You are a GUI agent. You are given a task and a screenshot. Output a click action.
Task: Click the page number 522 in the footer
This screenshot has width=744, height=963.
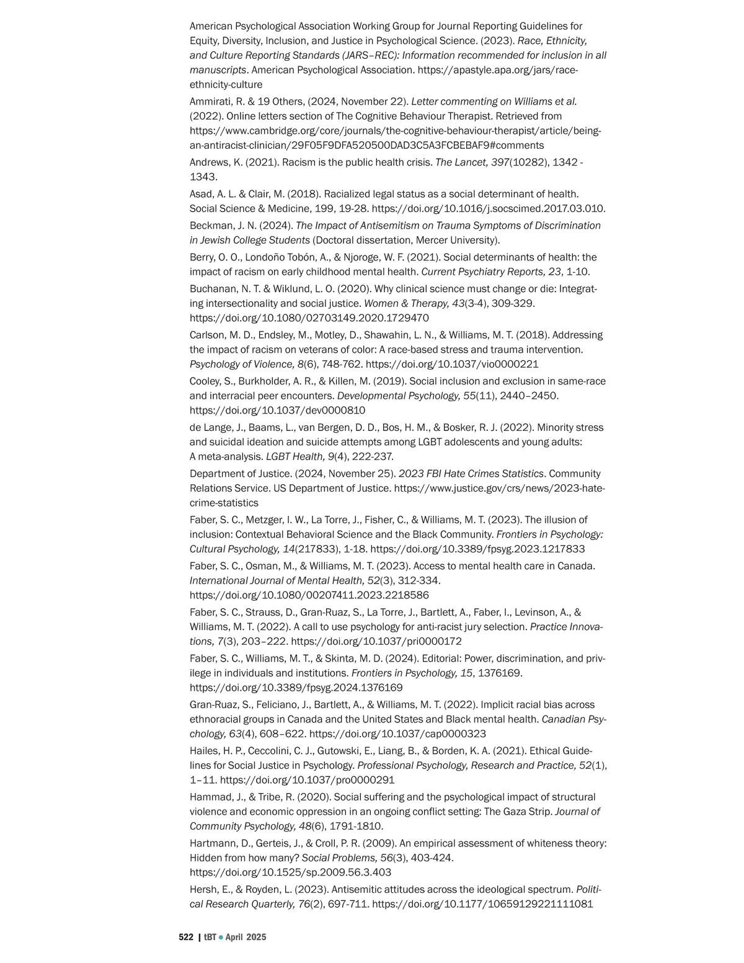point(186,937)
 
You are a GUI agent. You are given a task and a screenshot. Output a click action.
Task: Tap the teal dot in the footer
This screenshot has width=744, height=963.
point(220,938)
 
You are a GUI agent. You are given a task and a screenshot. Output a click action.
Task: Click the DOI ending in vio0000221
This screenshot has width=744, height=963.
point(452,365)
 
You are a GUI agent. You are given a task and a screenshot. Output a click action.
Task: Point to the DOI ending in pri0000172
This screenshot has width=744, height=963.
point(376,642)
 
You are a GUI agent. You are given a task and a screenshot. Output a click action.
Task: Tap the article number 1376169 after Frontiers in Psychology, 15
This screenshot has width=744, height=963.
point(500,673)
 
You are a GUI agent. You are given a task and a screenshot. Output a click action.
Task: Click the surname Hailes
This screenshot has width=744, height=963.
point(205,751)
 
